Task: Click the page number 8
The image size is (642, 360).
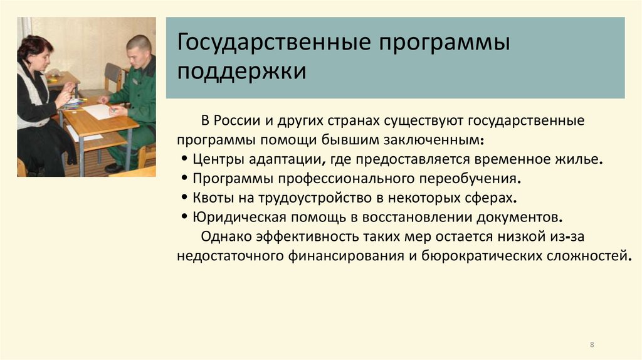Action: (x=592, y=346)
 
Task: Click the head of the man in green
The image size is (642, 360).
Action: (x=139, y=51)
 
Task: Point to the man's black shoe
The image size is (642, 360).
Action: (x=114, y=168)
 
